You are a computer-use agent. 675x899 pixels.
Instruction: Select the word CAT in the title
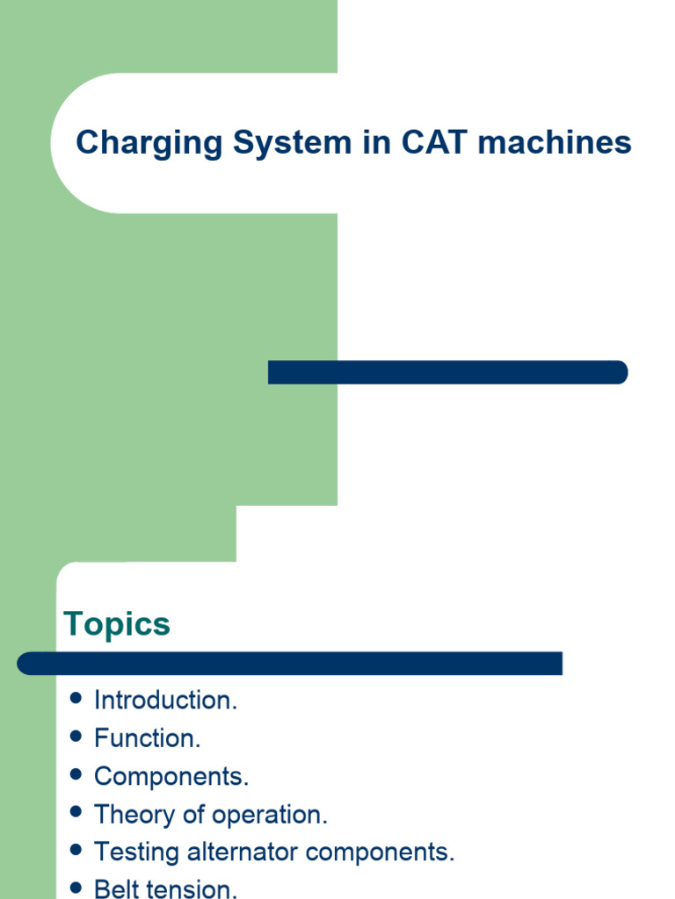435,143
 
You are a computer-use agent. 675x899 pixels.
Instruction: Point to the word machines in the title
555,143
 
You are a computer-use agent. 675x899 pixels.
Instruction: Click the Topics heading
117,625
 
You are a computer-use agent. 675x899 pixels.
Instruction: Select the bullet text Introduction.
165,701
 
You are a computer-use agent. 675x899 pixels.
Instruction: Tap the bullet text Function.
148,738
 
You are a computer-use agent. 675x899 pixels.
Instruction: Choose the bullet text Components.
171,777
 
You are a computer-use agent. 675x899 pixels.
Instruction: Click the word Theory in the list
134,815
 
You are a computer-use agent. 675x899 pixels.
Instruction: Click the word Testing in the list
136,852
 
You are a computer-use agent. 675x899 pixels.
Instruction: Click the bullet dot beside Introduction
76,699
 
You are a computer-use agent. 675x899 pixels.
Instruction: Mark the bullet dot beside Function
76,737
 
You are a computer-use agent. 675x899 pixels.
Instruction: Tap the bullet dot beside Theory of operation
76,813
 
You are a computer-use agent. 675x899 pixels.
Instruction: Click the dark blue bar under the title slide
447,372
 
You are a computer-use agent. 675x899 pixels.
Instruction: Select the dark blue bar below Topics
290,664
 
